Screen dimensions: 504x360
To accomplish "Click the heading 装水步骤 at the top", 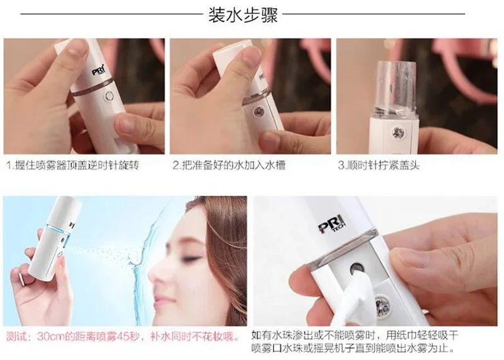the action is click(243, 15).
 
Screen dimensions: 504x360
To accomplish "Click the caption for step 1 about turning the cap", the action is click(73, 165).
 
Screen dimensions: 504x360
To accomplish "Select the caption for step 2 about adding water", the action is click(229, 165).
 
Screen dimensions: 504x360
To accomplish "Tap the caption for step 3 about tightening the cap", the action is click(379, 165).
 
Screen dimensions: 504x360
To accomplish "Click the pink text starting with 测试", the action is click(123, 337).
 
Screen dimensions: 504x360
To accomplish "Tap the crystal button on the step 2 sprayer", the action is click(258, 112).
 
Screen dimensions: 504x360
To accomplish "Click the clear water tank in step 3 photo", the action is click(396, 88).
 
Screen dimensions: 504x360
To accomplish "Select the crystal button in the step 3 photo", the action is click(397, 132).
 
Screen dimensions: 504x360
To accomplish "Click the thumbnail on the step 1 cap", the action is click(75, 49).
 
